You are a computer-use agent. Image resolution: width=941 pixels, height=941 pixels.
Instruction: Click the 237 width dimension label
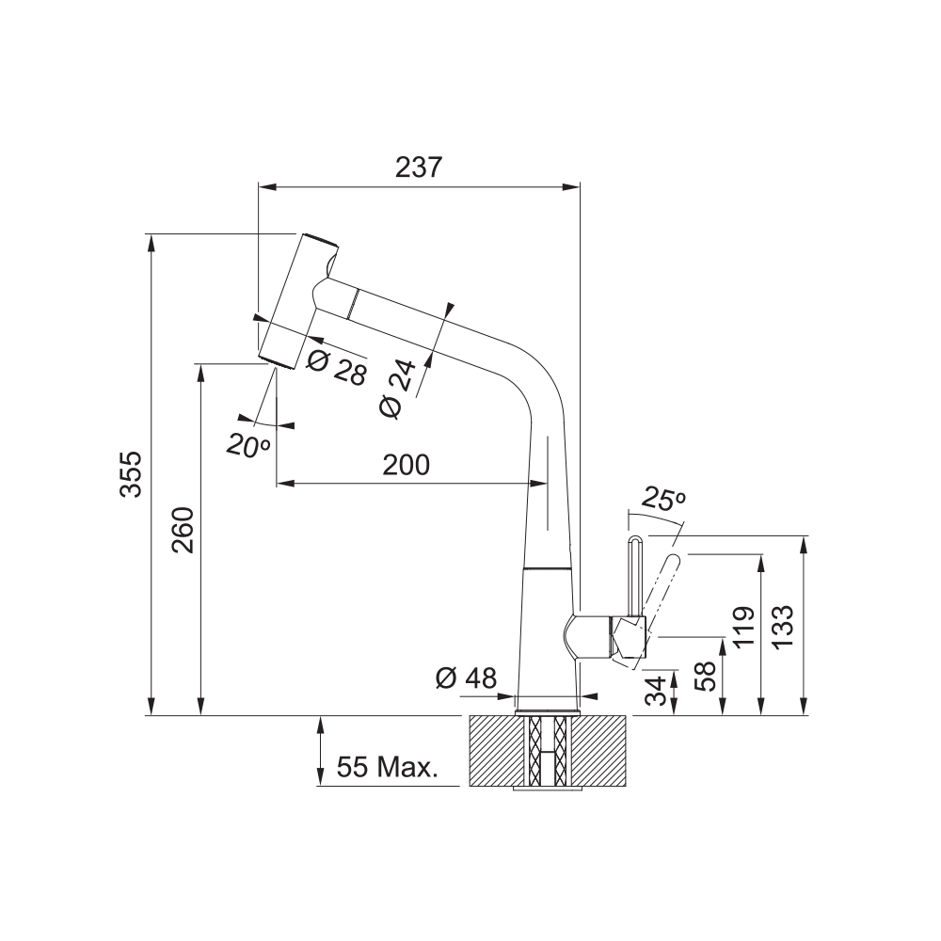coord(419,167)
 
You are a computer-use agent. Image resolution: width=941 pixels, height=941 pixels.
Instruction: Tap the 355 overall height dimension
coord(131,474)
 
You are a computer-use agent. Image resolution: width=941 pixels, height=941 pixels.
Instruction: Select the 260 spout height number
coord(183,530)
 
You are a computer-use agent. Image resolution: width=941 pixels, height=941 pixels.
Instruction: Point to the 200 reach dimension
coord(407,465)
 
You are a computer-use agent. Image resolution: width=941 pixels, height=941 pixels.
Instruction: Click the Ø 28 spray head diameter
coord(336,366)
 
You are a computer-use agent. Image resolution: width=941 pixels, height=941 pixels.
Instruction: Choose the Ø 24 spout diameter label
coord(398,389)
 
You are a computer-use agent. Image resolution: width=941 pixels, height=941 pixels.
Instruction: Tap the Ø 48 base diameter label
coord(467,678)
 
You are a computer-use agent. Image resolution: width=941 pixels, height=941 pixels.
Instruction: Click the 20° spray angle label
coord(247,445)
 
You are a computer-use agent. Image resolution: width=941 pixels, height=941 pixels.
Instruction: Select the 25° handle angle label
coord(662,498)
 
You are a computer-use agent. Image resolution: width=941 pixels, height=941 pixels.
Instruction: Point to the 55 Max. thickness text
coord(387,767)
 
